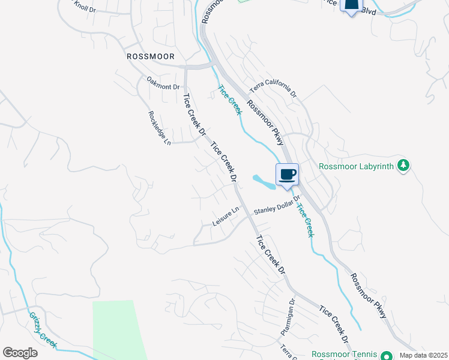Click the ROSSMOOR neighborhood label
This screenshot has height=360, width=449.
[151, 56]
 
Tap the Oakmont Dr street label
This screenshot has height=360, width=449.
[163, 83]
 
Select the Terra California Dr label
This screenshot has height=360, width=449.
[274, 88]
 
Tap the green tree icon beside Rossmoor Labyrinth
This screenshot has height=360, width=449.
[404, 166]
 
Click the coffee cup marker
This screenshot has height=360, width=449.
[287, 175]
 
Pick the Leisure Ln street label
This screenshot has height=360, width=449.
[226, 217]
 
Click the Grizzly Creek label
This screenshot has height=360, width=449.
[43, 329]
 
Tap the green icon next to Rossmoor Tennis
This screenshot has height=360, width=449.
[387, 356]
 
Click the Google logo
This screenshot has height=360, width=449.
[20, 353]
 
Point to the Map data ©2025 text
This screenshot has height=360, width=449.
[423, 355]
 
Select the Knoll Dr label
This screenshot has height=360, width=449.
[85, 5]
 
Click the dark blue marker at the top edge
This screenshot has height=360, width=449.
[352, 5]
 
